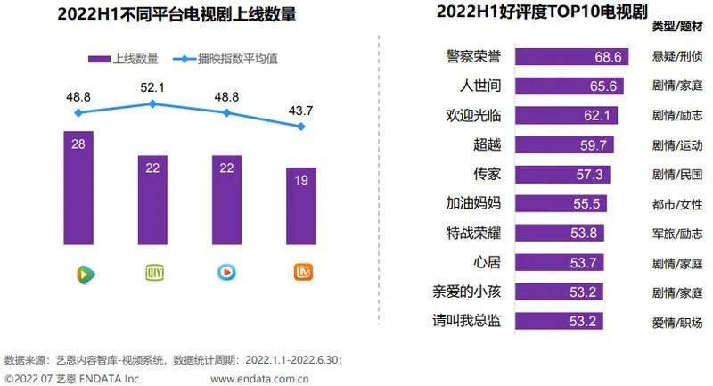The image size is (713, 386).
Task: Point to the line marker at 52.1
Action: click(152, 103)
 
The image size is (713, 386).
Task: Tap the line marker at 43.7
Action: click(301, 127)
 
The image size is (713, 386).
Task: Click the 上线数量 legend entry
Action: click(124, 59)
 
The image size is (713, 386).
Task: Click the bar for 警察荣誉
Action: click(570, 57)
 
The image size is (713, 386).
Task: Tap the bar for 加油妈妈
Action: click(557, 203)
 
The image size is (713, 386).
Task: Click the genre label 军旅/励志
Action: click(677, 233)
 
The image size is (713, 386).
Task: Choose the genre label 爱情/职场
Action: click(677, 321)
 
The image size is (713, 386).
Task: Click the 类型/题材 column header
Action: click(676, 28)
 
